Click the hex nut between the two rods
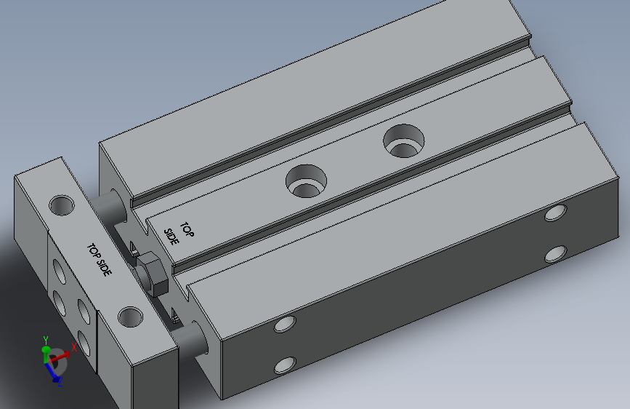153,272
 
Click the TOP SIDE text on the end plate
100,260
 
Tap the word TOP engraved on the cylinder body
187,230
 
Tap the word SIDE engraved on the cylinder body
171,237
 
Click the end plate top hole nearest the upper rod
61,204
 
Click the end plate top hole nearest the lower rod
131,317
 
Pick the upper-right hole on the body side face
556,213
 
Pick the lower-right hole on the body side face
556,254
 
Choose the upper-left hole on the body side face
285,323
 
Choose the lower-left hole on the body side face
285,365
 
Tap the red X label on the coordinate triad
74,348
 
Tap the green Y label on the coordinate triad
45,339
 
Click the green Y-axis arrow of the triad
47,353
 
